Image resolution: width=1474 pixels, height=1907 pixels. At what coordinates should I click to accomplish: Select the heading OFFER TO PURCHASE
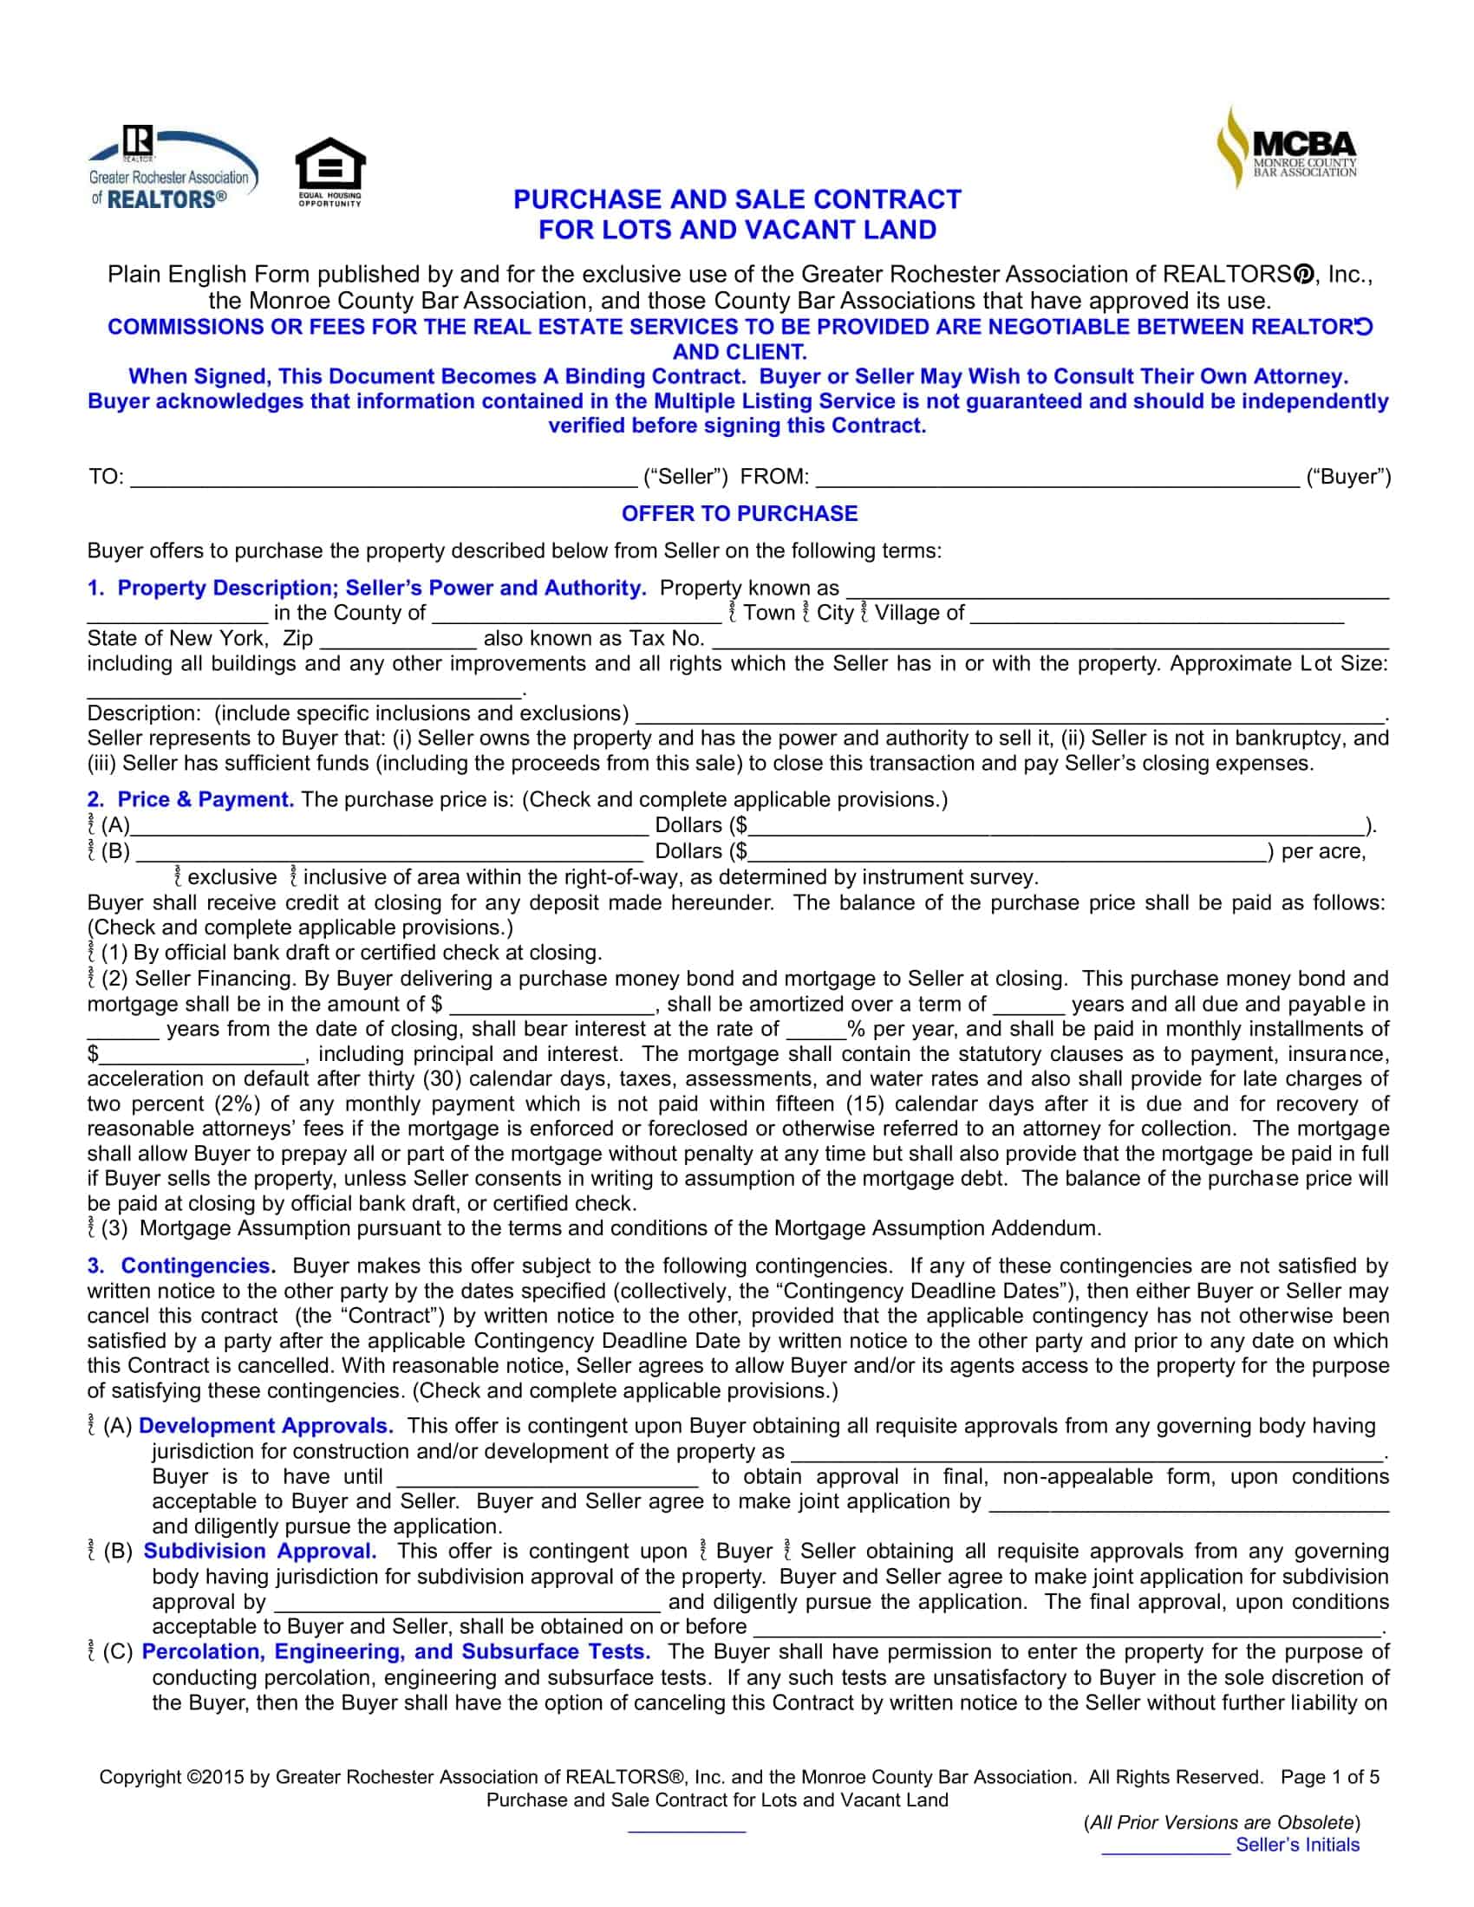[x=739, y=513]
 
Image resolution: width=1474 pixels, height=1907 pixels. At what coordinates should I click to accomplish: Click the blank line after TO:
[x=383, y=477]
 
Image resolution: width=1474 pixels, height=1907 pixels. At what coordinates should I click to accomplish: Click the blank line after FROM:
[x=1057, y=477]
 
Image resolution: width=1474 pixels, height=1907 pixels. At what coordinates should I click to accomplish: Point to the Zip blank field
[x=398, y=639]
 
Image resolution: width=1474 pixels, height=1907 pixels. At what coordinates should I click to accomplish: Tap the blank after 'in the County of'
[x=577, y=614]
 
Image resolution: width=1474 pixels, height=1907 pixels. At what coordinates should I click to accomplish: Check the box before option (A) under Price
[x=92, y=825]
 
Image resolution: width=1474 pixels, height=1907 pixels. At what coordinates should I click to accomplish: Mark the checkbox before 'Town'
[x=734, y=613]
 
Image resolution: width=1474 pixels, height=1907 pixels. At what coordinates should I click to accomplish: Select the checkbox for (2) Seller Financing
[x=92, y=978]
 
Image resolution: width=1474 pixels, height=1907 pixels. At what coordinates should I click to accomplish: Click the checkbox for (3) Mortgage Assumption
[x=92, y=1228]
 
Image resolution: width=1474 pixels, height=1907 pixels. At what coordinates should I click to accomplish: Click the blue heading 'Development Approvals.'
[x=265, y=1426]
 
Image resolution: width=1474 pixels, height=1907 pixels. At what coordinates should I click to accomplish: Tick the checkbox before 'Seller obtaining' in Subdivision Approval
[x=787, y=1552]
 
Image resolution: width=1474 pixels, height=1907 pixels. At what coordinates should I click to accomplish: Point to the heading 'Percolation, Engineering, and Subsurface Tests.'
[x=395, y=1652]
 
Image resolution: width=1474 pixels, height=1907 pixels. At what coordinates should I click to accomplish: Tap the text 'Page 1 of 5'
[x=1329, y=1777]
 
